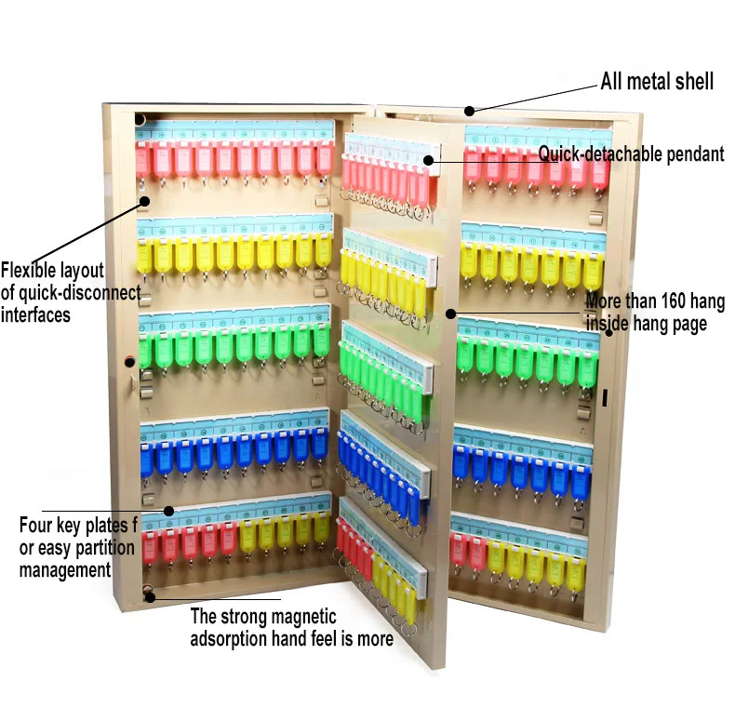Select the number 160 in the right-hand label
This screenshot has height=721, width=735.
[675, 301]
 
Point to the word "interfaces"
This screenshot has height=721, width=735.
[35, 315]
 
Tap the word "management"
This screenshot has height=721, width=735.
[65, 568]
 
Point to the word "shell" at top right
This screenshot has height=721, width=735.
[694, 82]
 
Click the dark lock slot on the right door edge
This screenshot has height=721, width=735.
[604, 397]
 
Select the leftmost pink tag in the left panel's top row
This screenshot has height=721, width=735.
[144, 160]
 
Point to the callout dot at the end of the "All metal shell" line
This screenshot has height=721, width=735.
[470, 111]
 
